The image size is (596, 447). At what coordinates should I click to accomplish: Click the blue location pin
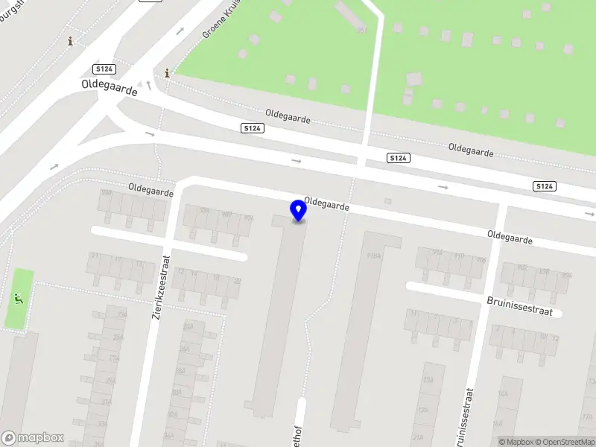click(x=298, y=210)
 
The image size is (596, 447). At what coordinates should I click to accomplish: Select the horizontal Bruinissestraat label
click(x=519, y=306)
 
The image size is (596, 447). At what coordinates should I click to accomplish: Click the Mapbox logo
click(x=32, y=438)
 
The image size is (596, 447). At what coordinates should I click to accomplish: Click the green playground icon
click(x=18, y=299)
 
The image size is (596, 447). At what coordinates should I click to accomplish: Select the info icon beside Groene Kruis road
click(x=167, y=73)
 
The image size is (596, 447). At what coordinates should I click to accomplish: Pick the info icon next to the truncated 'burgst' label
click(x=71, y=41)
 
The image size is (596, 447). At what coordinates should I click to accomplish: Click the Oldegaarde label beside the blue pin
click(x=326, y=203)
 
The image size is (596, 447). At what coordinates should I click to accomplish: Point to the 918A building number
click(x=374, y=256)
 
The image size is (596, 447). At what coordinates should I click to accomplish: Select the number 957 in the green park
click(x=362, y=30)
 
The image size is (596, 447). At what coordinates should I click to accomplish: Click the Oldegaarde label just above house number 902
click(x=510, y=237)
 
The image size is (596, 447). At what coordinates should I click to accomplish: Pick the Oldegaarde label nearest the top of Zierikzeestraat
click(x=150, y=191)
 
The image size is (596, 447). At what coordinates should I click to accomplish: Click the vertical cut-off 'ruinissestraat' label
click(x=469, y=416)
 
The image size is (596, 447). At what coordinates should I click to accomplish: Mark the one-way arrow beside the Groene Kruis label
click(x=180, y=31)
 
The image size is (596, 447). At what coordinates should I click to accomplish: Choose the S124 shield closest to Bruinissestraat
click(x=544, y=186)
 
